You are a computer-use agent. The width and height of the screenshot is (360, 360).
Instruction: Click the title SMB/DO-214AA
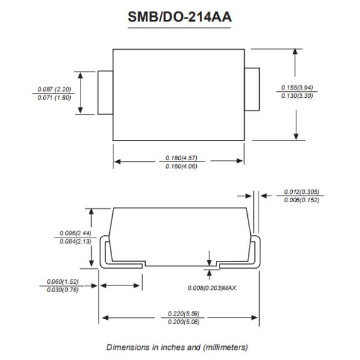(179, 18)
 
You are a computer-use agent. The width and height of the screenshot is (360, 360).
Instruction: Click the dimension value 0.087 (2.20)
(55, 89)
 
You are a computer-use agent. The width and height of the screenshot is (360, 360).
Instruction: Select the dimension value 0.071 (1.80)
(55, 97)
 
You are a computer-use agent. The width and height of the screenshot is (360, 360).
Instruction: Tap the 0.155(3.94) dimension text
(298, 88)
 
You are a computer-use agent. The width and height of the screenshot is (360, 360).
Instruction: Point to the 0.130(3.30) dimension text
(298, 96)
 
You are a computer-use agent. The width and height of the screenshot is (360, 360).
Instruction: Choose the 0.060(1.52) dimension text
(62, 282)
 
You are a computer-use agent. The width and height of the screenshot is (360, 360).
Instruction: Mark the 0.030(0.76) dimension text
(62, 290)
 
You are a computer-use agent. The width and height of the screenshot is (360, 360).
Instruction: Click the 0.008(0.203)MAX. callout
(213, 288)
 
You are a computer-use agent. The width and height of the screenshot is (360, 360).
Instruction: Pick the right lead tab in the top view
(251, 89)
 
